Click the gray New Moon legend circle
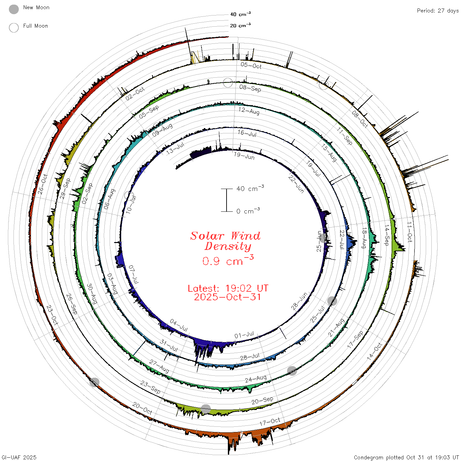click(14, 9)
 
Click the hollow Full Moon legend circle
click(14, 28)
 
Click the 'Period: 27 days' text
click(438, 11)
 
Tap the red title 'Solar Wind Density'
click(226, 241)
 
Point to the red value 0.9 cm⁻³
click(228, 260)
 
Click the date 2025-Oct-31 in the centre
click(227, 297)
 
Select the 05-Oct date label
click(251, 65)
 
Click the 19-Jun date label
click(244, 156)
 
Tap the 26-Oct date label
click(42, 184)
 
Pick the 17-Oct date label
click(270, 422)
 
